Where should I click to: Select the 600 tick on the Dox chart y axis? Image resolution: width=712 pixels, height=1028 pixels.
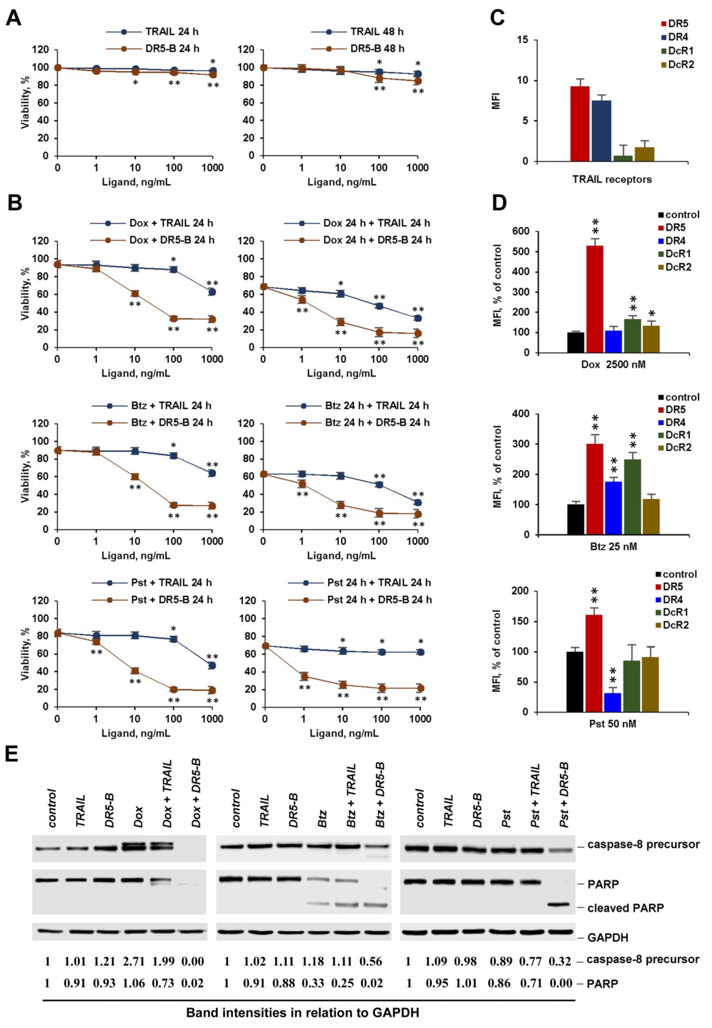pos(525,231)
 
